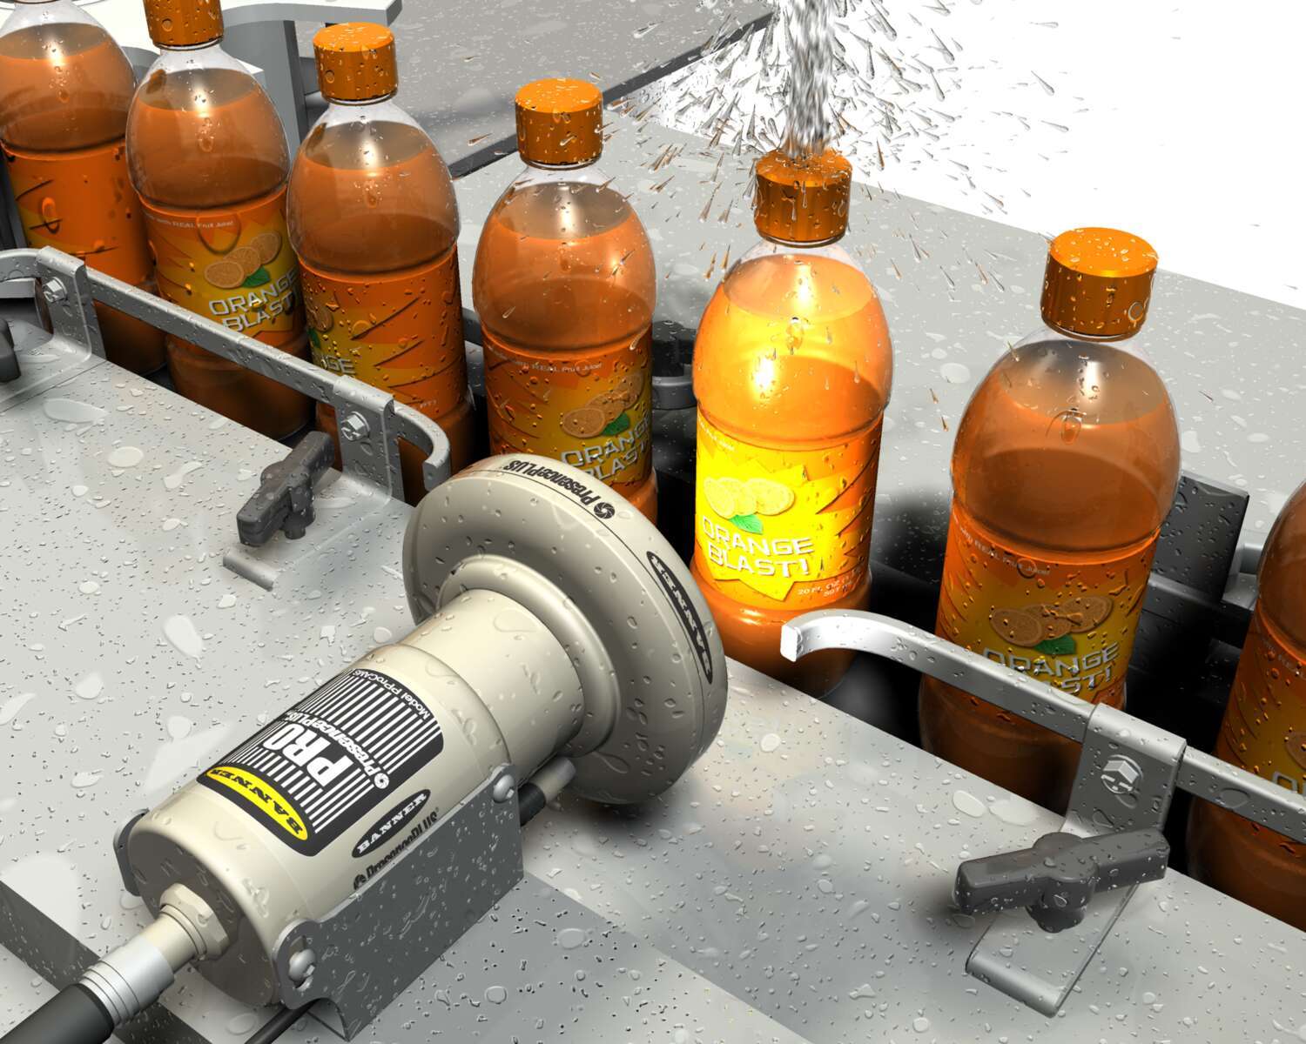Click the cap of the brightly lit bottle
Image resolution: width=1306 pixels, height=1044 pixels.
[801, 196]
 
